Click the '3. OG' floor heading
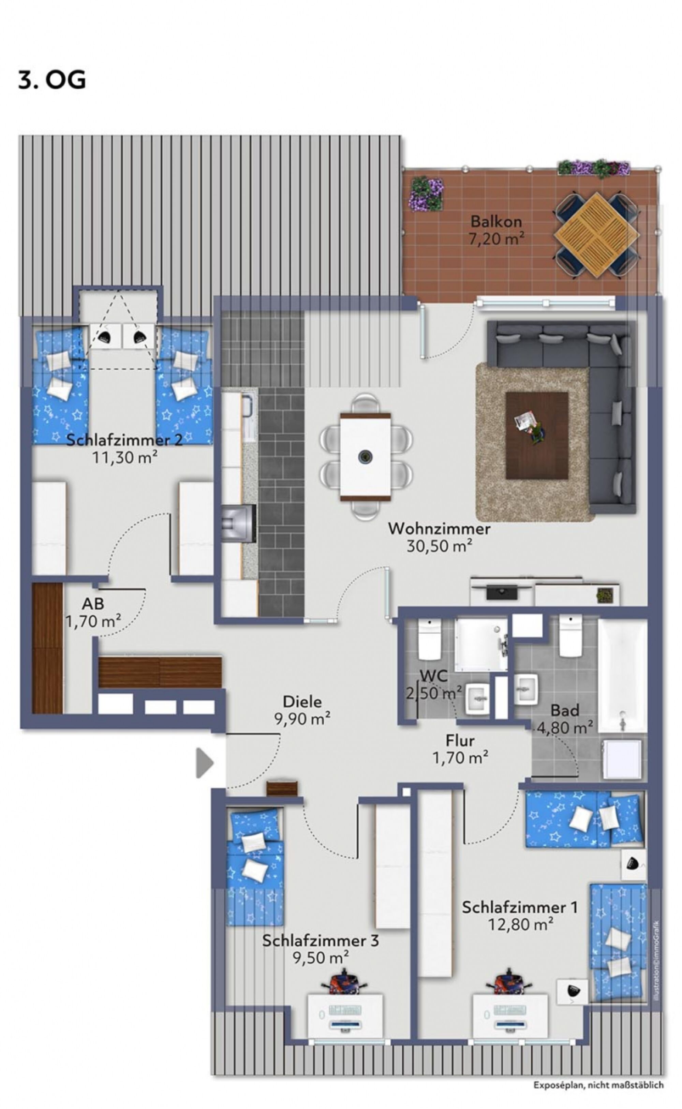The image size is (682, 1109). click(x=52, y=80)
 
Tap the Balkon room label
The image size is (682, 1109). click(x=496, y=222)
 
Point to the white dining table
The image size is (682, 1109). click(x=365, y=457)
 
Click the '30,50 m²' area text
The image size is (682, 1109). click(x=439, y=546)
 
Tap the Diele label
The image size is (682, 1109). click(x=302, y=702)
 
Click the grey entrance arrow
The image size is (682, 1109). click(x=204, y=763)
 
